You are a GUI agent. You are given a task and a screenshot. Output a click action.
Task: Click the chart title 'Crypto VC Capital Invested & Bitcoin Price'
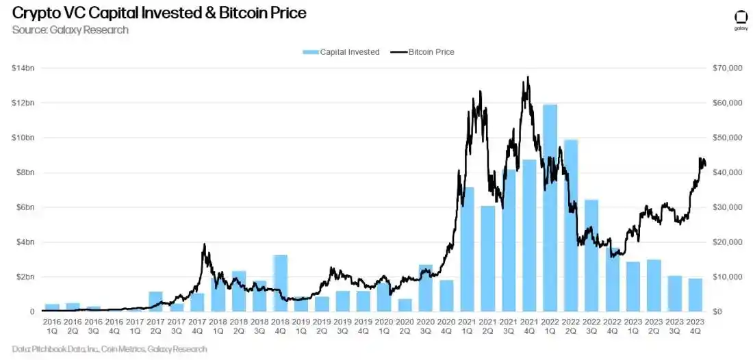159,13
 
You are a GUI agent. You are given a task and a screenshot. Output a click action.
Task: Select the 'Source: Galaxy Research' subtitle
71,30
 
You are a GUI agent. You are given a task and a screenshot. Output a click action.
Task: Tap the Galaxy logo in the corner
741,21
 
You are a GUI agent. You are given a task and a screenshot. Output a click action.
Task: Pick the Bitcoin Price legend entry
422,52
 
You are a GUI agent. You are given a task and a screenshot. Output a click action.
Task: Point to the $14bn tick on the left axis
22,68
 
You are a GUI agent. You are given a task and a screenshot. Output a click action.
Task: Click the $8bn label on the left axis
24,172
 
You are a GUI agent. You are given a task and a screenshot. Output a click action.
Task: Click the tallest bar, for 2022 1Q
550,208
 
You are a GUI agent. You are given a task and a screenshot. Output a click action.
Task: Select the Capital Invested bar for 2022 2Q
571,226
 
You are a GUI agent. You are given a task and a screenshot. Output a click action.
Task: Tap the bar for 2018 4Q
280,283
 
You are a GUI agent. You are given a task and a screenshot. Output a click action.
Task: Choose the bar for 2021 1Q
467,249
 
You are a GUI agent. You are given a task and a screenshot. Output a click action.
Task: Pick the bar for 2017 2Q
155,302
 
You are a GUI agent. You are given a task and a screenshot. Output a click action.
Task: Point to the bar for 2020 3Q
425,288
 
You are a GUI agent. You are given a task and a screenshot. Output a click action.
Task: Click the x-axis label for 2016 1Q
52,325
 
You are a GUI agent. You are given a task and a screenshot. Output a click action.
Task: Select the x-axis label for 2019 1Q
301,325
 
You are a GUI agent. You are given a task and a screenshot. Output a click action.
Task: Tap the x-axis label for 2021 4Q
529,325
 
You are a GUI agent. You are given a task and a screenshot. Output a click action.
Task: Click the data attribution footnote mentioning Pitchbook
110,349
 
